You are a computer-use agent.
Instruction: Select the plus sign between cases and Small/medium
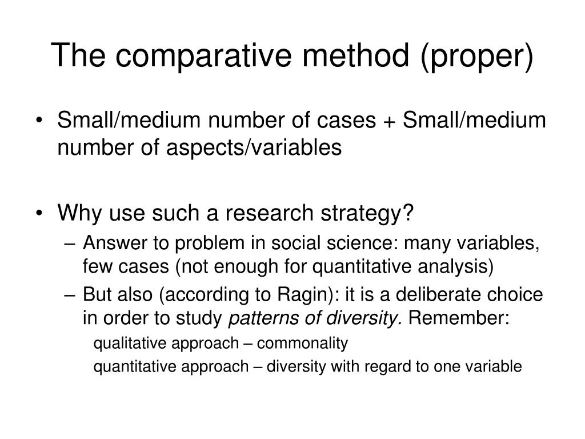click(x=392, y=122)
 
